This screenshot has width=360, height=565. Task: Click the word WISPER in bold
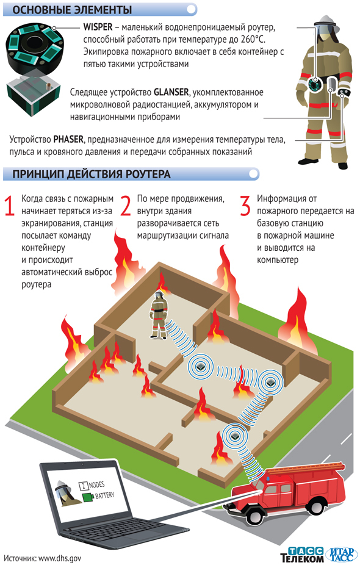pyautogui.click(x=98, y=27)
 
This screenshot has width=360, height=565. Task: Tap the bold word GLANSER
pyautogui.click(x=171, y=92)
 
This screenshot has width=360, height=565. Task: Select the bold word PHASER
pyautogui.click(x=68, y=140)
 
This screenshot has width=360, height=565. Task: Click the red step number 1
pyautogui.click(x=9, y=206)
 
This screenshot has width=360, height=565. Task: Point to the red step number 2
pyautogui.click(x=126, y=206)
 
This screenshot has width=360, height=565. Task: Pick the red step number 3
pyautogui.click(x=245, y=206)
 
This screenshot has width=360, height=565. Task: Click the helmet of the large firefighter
pyautogui.click(x=326, y=23)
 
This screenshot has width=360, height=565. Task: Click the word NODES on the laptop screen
pyautogui.click(x=96, y=485)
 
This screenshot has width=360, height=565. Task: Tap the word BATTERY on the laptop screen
pyautogui.click(x=104, y=495)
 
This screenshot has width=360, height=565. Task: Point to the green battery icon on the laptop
pyautogui.click(x=88, y=498)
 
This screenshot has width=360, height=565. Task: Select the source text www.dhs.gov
pyautogui.click(x=59, y=558)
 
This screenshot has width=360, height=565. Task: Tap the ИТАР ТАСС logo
pyautogui.click(x=341, y=555)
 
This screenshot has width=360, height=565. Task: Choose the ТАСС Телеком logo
pyautogui.click(x=302, y=555)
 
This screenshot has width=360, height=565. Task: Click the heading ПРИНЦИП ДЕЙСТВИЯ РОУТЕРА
pyautogui.click(x=92, y=175)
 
